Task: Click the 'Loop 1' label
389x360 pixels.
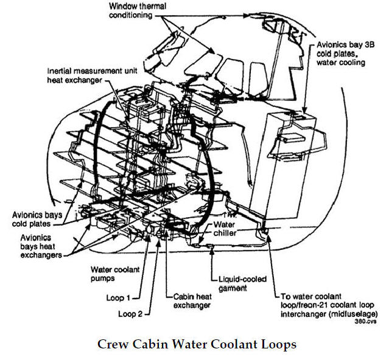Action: pyautogui.click(x=119, y=297)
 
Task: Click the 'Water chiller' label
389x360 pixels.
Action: pyautogui.click(x=228, y=227)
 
